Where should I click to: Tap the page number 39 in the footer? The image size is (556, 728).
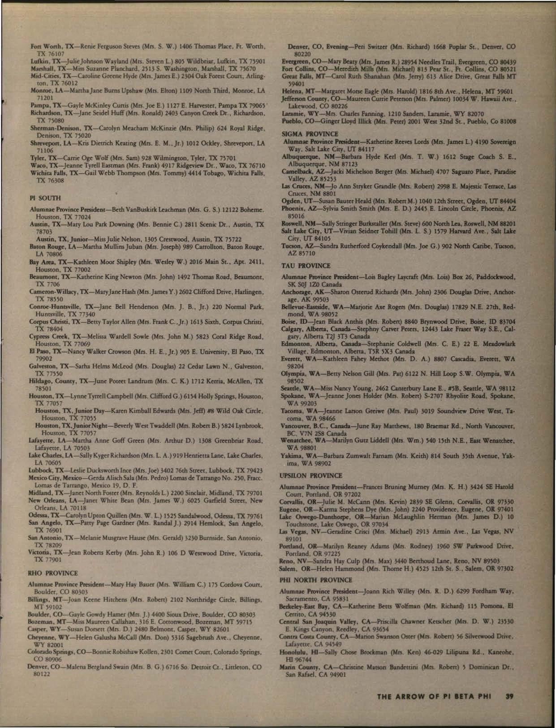pos(509,696)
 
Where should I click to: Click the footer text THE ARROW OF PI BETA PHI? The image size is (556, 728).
pos(434,696)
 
